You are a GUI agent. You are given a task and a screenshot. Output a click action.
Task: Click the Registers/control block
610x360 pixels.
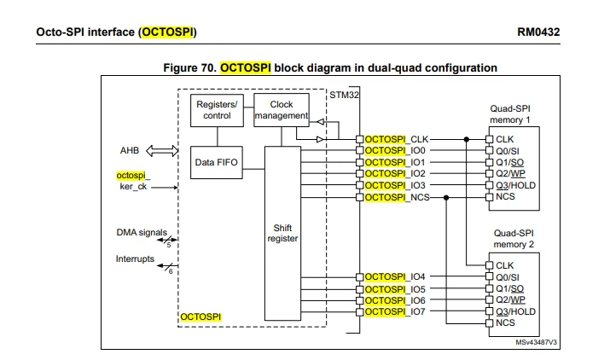pos(217,110)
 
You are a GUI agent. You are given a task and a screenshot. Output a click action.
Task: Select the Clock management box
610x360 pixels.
pos(282,110)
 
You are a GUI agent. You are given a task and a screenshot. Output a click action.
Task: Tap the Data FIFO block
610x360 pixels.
pos(217,162)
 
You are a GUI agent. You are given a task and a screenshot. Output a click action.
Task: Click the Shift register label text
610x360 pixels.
pos(282,233)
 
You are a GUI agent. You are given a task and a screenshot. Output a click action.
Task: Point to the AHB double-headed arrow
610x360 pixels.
pos(162,151)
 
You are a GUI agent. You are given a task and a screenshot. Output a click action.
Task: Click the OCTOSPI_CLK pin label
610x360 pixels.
pos(397,139)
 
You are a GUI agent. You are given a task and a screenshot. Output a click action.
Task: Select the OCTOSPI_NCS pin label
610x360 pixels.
pos(398,197)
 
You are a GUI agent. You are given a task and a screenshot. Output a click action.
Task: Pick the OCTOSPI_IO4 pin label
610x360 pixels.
pos(395,276)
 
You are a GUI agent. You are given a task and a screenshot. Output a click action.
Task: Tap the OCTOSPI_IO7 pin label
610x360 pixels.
pos(395,311)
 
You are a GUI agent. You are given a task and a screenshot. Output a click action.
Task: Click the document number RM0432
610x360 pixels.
pos(538,32)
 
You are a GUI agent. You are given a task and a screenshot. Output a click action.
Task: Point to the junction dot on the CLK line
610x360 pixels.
pos(467,139)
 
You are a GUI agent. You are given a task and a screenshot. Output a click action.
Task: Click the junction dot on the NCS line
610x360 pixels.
pos(446,198)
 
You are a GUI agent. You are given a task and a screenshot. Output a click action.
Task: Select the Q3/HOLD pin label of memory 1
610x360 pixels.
pos(515,185)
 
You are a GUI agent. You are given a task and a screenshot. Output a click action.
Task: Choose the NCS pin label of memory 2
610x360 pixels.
pos(505,322)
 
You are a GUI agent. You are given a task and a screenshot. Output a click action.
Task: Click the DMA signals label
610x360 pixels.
pos(142,232)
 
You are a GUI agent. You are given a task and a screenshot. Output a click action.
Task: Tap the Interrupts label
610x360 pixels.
pos(135,258)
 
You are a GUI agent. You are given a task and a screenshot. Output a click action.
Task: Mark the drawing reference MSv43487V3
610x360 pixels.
pos(536,342)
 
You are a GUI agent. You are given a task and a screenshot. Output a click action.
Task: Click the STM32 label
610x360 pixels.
pos(344,95)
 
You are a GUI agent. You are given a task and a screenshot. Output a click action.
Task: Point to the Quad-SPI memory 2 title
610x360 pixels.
pos(514,239)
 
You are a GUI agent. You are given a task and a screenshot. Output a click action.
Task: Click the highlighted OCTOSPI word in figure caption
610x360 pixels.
pos(246,67)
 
